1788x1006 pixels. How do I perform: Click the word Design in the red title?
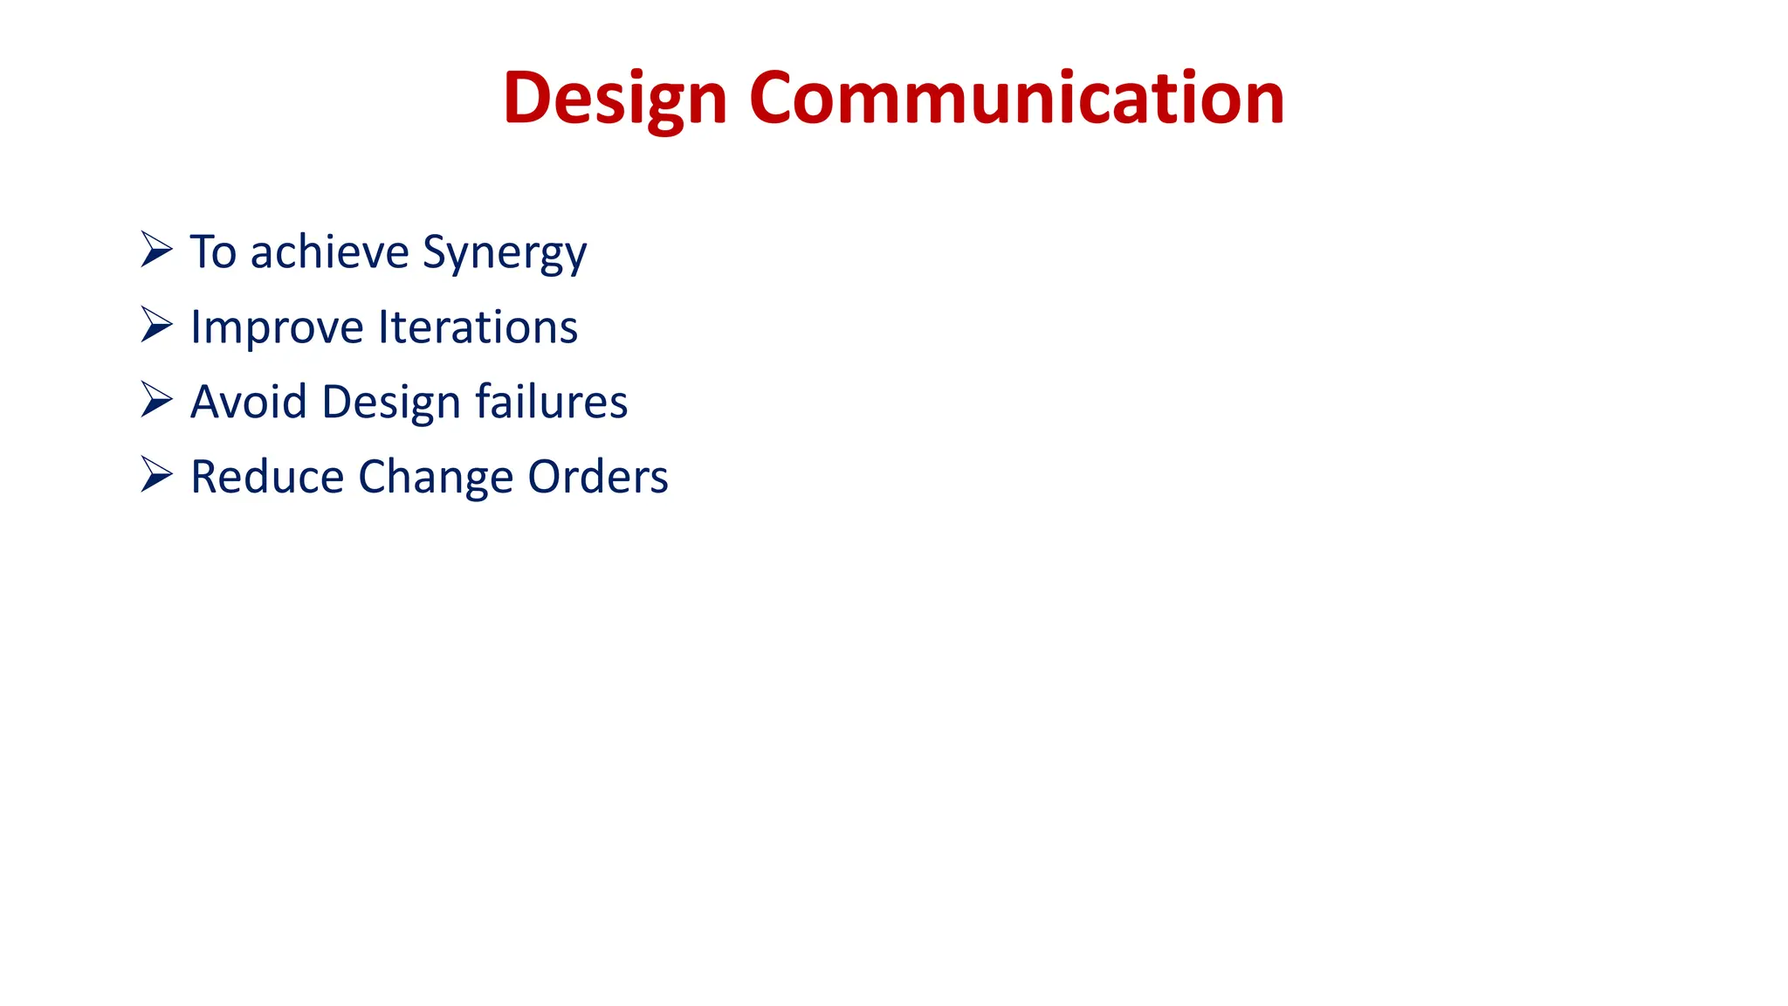click(x=615, y=99)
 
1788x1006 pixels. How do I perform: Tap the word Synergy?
click(x=505, y=252)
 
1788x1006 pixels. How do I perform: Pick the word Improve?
click(x=277, y=328)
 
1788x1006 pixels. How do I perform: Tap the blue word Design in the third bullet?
click(x=391, y=403)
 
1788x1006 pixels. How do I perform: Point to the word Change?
click(x=436, y=479)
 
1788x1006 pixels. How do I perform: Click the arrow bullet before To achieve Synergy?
click(x=156, y=250)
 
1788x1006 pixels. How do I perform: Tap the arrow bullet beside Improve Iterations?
click(x=156, y=325)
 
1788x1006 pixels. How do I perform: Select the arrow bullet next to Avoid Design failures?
click(x=156, y=400)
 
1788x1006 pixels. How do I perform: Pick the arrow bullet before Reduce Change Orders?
click(x=156, y=475)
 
